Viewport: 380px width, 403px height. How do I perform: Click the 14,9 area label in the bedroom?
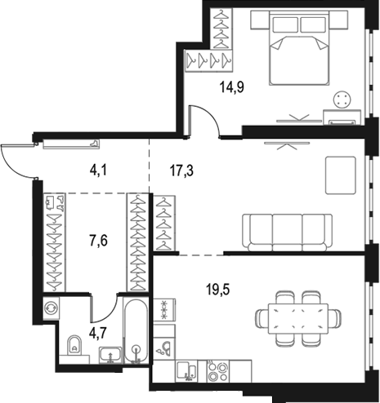click(x=232, y=87)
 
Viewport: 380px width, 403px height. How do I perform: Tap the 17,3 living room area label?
click(x=181, y=171)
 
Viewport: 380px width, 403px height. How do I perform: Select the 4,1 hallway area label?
click(x=99, y=170)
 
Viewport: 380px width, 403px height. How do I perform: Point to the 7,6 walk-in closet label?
click(x=99, y=241)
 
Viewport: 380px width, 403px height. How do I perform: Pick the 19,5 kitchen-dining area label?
click(x=218, y=290)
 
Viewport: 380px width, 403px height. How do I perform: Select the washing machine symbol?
click(x=51, y=308)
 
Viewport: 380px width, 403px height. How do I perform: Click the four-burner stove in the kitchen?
click(x=218, y=371)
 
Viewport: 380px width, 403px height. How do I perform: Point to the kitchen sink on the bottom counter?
click(x=187, y=371)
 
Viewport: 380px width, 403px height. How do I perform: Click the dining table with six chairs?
click(x=298, y=319)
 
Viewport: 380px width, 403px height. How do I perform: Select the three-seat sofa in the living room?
click(x=288, y=232)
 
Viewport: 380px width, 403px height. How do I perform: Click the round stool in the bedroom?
click(x=342, y=100)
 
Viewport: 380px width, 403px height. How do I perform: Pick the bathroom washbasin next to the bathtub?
click(x=110, y=355)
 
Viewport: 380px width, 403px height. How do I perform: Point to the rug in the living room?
click(x=341, y=175)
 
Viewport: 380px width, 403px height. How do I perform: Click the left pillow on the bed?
click(x=285, y=24)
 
